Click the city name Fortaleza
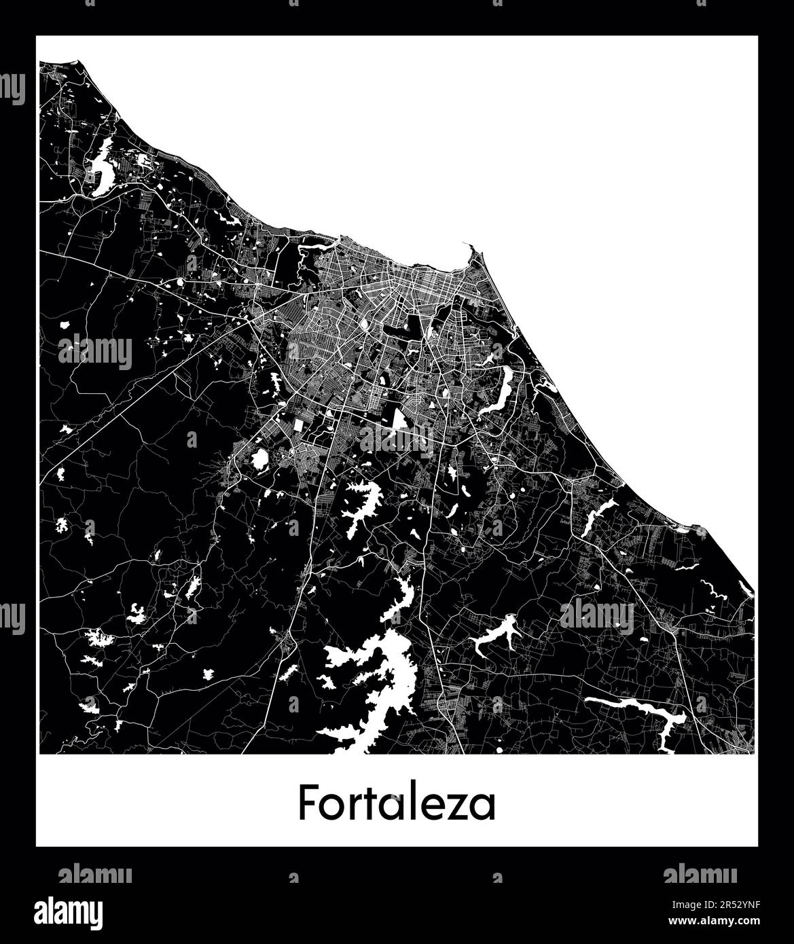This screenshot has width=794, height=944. coord(397,803)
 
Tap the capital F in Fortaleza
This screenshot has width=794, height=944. coord(307,803)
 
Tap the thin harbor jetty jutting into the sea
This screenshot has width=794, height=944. coord(469,251)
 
